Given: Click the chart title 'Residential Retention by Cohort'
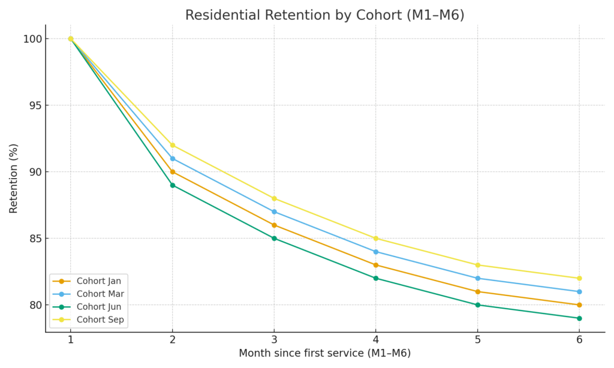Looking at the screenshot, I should (x=324, y=16).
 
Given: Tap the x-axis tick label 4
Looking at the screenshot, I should (x=376, y=339).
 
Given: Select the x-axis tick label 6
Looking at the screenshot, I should (x=579, y=339).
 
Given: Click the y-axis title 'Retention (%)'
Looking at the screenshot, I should (x=14, y=179).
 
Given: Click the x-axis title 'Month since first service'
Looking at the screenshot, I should (x=324, y=354).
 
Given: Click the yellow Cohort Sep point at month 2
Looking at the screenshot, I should (x=173, y=145).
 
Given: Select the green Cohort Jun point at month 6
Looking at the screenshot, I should (x=579, y=318).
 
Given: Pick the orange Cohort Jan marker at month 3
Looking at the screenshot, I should (x=274, y=225).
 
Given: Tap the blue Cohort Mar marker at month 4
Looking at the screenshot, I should (x=376, y=252).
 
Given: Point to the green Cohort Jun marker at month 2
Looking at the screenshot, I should (x=173, y=185).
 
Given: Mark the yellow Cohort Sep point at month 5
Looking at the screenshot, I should (x=477, y=265).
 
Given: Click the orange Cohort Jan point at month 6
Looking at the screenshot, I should (x=579, y=305).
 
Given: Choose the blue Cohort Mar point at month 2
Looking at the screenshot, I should (x=173, y=159).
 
